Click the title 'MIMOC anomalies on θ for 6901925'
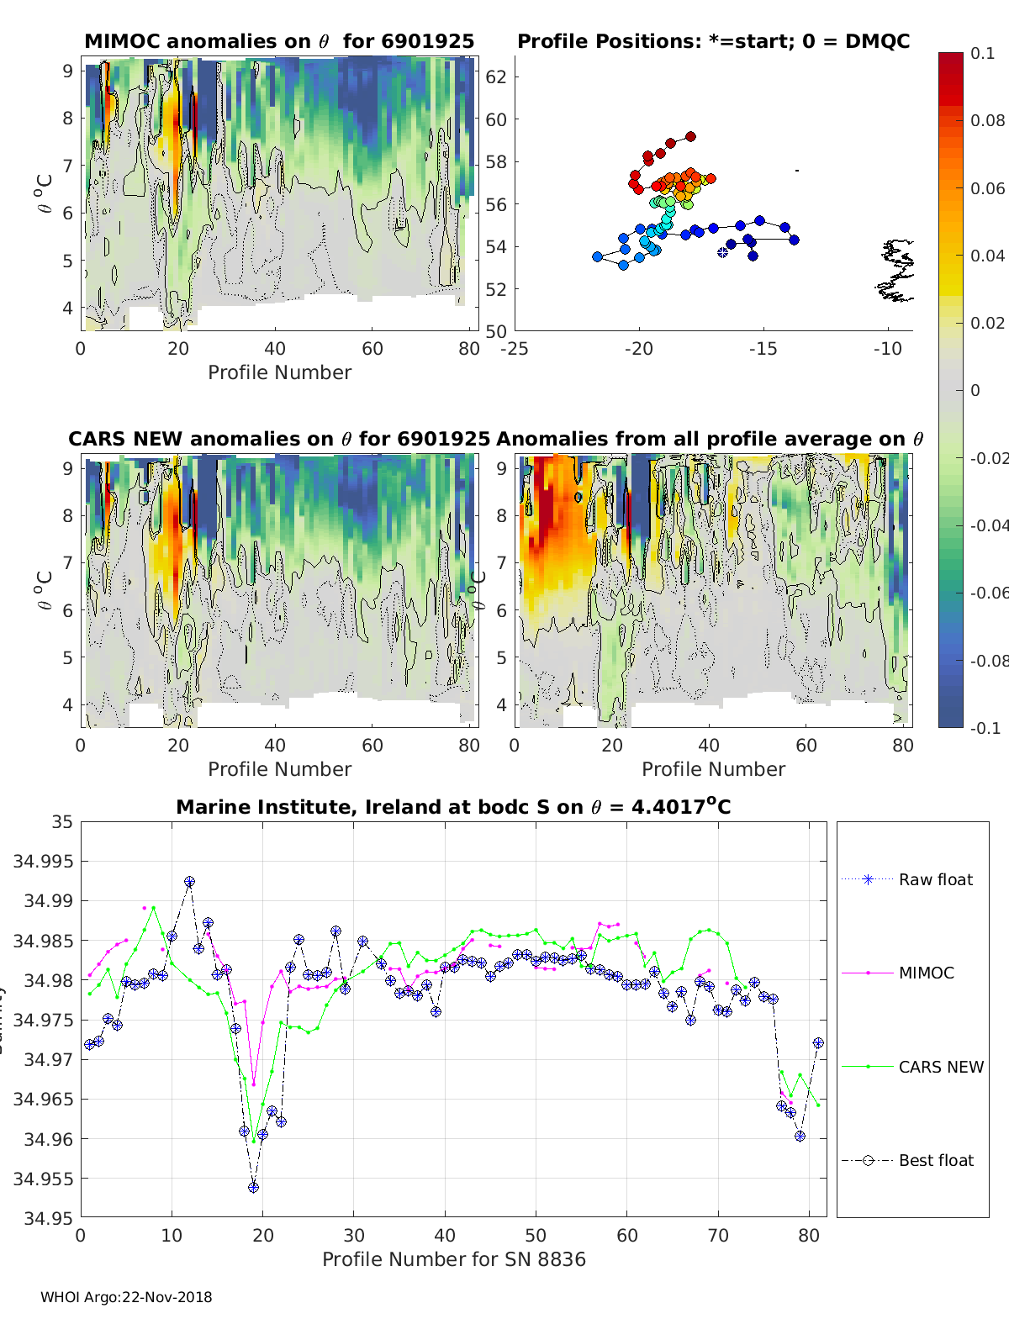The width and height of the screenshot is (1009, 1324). pyautogui.click(x=279, y=41)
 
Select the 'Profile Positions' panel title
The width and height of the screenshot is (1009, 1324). pyautogui.click(x=713, y=41)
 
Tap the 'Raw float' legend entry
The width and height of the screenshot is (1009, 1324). pyautogui.click(x=935, y=879)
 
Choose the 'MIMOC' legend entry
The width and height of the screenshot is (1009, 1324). pyautogui.click(x=926, y=973)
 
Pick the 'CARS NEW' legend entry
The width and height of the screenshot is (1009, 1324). pyautogui.click(x=940, y=1067)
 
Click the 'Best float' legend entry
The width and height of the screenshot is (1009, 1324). pyautogui.click(x=935, y=1160)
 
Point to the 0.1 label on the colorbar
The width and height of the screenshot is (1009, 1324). pyautogui.click(x=982, y=53)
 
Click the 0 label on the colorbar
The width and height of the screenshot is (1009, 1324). pyautogui.click(x=975, y=390)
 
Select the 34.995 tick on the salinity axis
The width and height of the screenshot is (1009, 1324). pyautogui.click(x=42, y=861)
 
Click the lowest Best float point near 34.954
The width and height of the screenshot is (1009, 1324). pyautogui.click(x=253, y=1187)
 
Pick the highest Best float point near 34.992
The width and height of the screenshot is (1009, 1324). pyautogui.click(x=189, y=882)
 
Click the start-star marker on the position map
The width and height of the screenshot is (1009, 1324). pyautogui.click(x=722, y=252)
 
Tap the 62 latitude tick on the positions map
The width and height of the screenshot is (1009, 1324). pyautogui.click(x=496, y=76)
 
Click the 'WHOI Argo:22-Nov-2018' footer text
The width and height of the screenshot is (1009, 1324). pyautogui.click(x=126, y=1297)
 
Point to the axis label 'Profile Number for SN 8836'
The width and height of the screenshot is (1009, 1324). pyautogui.click(x=453, y=1259)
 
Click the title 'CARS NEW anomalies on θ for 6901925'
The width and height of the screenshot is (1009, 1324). pyautogui.click(x=278, y=439)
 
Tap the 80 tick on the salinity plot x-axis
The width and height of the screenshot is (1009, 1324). pyautogui.click(x=808, y=1235)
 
